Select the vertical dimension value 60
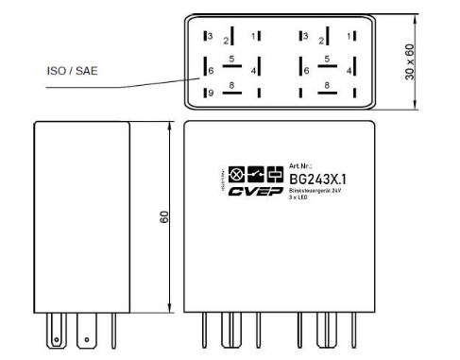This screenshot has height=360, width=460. pos(163,216)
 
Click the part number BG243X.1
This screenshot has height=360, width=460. pos(315,178)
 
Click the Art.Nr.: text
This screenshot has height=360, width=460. pos(300,164)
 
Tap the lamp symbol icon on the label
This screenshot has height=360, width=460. pos(236,175)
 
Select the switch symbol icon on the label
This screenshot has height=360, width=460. pos(254,175)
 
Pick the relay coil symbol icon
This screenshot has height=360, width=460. pos(274,175)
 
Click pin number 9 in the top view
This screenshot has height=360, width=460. pos(211,93)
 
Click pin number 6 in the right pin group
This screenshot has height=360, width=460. pos(302,71)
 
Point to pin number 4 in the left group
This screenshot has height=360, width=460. pos(253,71)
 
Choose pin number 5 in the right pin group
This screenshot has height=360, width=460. pos(325,59)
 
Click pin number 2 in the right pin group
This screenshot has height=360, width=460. pos(324,42)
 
